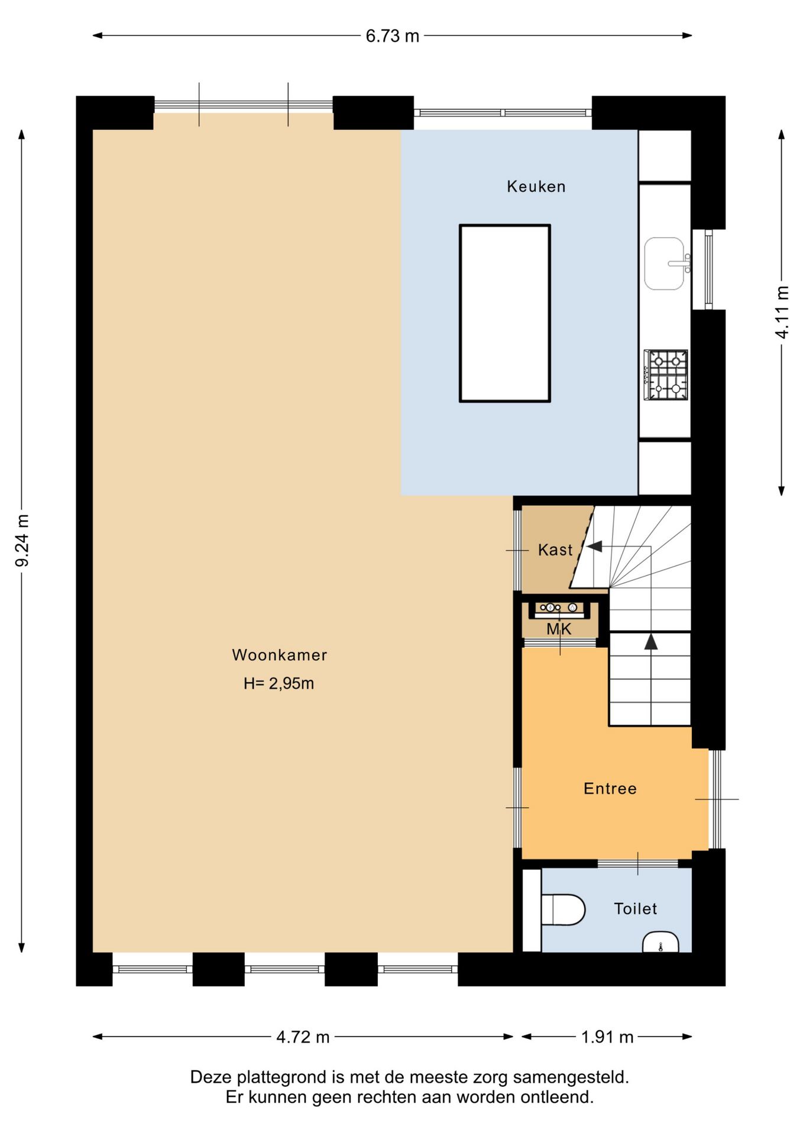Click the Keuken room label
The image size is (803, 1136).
(536, 187)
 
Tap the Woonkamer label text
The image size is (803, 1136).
(279, 655)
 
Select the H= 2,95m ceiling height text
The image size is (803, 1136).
(279, 683)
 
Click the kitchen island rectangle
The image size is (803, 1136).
(505, 313)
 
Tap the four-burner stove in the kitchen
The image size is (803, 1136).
(666, 375)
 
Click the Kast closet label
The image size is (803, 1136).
(555, 550)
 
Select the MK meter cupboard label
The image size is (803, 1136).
(559, 629)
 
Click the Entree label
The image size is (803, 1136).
(610, 788)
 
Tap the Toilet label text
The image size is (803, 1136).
(636, 908)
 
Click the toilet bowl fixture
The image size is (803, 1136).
(563, 909)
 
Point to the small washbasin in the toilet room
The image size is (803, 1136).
(660, 943)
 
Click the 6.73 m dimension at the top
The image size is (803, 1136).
(392, 36)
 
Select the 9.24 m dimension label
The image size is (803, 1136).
(22, 540)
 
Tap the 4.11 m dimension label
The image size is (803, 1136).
(782, 312)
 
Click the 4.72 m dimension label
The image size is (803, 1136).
(303, 1037)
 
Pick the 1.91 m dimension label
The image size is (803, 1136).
(607, 1037)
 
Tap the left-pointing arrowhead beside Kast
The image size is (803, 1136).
(594, 546)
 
